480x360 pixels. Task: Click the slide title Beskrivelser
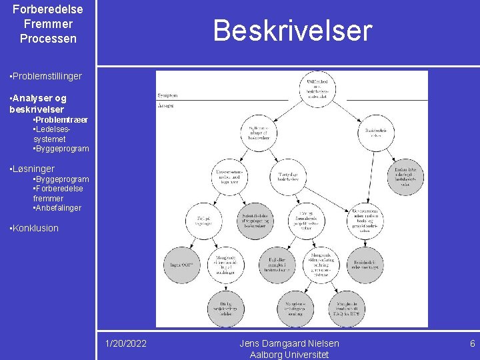292,31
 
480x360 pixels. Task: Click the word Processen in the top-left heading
48,39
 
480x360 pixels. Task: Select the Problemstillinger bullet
46,76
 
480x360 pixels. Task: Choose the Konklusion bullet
35,228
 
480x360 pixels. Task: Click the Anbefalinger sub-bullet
59,208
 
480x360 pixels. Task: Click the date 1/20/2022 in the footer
126,343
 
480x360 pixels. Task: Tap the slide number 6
472,343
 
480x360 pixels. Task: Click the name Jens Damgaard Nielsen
289,343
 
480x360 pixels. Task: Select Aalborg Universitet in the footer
289,355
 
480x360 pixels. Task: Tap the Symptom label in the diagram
169,95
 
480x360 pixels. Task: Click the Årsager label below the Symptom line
167,105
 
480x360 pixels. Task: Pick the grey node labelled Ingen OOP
181,265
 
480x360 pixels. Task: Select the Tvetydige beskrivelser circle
291,177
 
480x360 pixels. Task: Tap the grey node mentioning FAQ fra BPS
347,308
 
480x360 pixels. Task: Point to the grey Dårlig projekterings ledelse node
227,308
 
